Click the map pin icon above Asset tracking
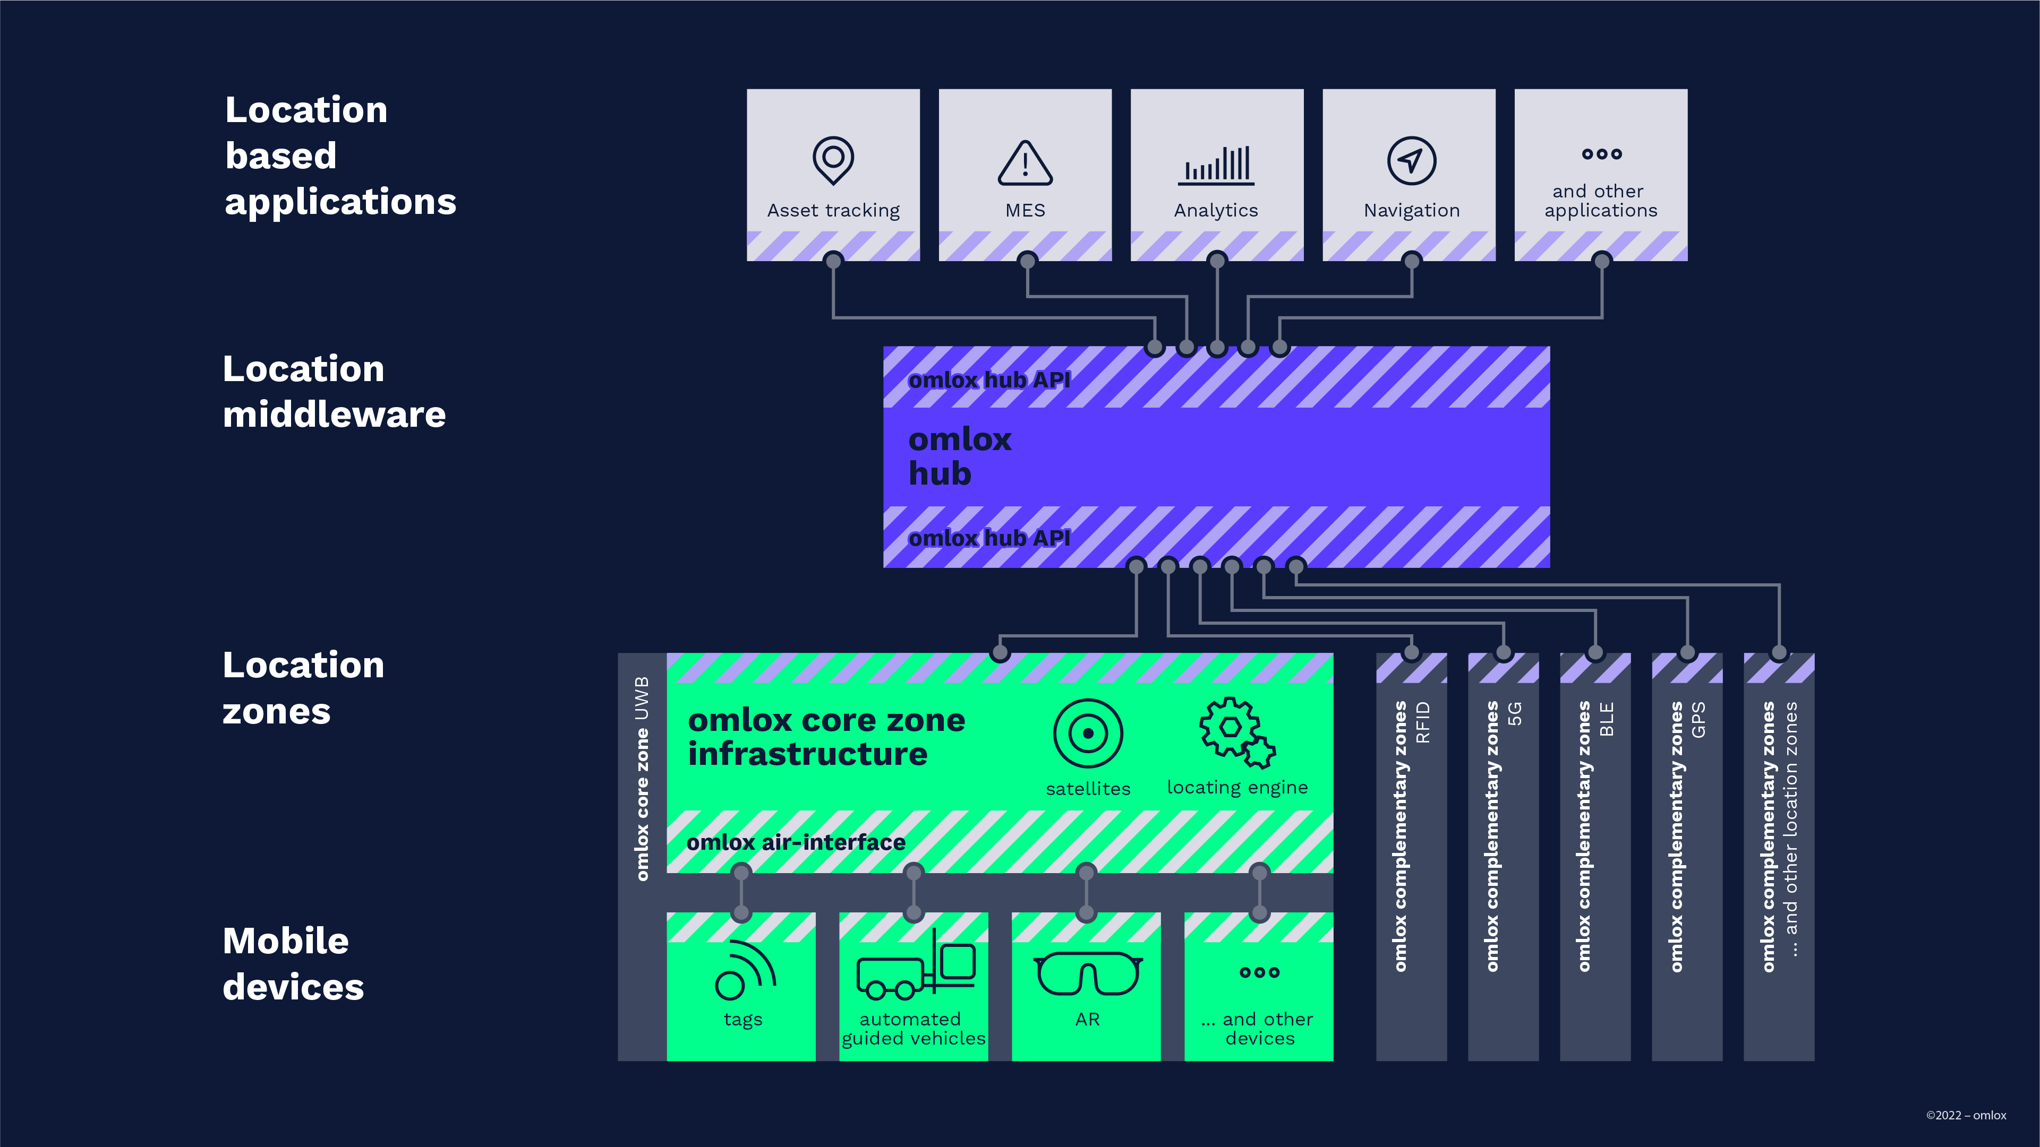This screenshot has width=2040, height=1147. tap(833, 160)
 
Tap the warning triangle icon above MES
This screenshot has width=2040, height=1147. tap(1025, 163)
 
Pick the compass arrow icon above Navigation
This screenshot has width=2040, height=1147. tap(1411, 161)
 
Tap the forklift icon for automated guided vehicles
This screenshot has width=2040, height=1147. tap(916, 965)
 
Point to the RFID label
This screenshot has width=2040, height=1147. tap(1423, 722)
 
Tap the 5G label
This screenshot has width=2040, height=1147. tap(1515, 714)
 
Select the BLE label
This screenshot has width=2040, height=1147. tap(1607, 719)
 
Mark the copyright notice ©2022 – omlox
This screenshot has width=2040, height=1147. tap(1966, 1115)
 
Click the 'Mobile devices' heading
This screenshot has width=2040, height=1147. tap(293, 963)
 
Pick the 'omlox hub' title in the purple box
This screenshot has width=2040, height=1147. tap(960, 456)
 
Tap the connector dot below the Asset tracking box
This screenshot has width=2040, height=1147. tap(833, 261)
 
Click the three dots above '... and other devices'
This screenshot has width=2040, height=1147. tap(1259, 972)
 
